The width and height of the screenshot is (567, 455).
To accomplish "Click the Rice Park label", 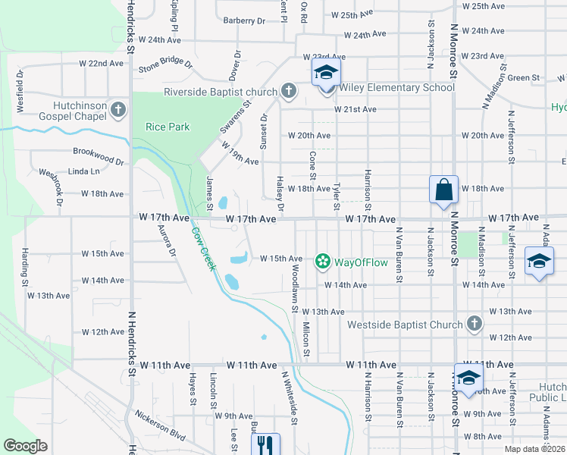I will (x=168, y=127).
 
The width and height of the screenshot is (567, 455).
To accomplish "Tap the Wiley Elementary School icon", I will (x=326, y=73).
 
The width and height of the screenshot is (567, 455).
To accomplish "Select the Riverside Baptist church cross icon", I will (x=288, y=92).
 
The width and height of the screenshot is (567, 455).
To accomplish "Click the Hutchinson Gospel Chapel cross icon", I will (x=118, y=110).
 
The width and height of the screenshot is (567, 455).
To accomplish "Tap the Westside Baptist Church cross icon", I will (x=474, y=324).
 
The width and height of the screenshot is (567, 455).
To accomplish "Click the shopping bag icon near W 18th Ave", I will (x=443, y=190).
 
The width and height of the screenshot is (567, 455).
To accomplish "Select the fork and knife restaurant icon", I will (x=265, y=444).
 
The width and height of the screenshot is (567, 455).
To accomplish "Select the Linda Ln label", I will (x=83, y=171).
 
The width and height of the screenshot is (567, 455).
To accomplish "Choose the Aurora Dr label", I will (x=166, y=239).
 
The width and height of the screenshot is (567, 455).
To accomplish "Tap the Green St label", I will (x=523, y=77).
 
